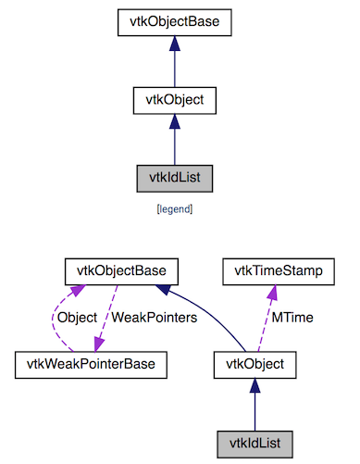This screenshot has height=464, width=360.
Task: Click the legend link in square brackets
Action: [x=174, y=209]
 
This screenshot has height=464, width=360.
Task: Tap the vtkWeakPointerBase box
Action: [x=92, y=364]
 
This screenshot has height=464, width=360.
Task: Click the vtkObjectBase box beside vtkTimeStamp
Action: [x=121, y=271]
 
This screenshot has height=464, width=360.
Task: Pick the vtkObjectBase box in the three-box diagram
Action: [x=174, y=19]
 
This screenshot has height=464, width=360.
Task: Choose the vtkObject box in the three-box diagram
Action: [x=174, y=98]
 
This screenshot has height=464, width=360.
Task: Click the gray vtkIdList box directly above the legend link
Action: [x=174, y=176]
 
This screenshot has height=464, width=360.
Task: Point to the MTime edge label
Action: [x=292, y=318]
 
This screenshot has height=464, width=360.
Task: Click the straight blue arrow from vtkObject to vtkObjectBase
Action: [x=174, y=60]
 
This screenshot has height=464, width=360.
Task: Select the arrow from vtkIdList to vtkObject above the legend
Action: [x=174, y=138]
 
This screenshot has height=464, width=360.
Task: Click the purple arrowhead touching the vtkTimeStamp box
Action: [x=272, y=291]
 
